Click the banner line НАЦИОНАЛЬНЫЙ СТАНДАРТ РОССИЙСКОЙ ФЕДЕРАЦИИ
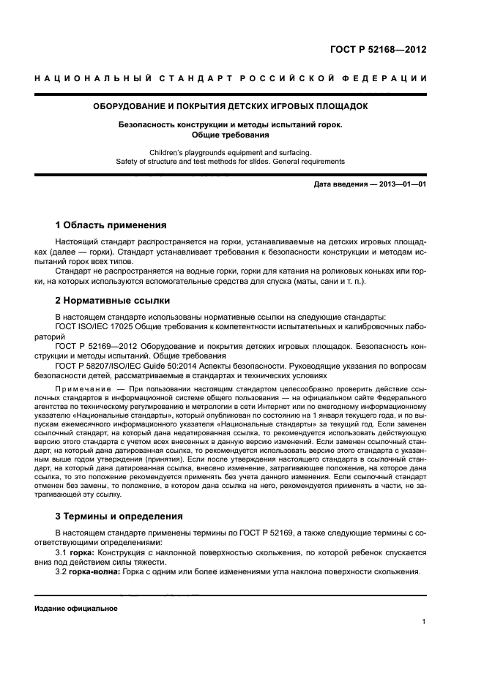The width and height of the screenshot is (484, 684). pyautogui.click(x=242, y=78)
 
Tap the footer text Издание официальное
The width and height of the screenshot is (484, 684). pyautogui.click(x=76, y=608)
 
